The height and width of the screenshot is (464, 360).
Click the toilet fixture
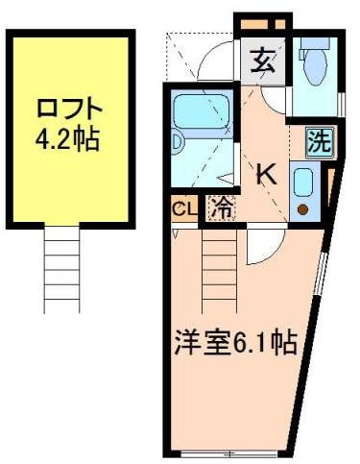[313, 63]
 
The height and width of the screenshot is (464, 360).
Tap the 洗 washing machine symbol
[318, 143]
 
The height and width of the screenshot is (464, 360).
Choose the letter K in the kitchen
[266, 174]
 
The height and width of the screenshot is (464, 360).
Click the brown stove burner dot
[302, 208]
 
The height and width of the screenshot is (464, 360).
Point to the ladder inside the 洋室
[219, 259]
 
